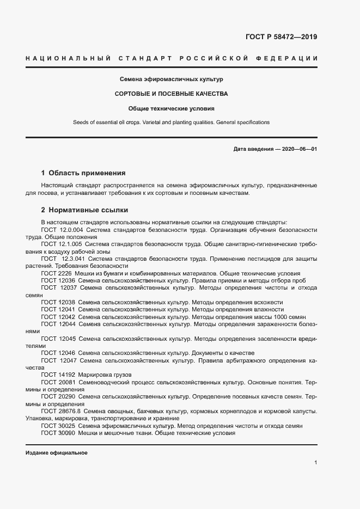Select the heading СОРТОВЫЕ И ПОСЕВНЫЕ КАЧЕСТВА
[x=171, y=94]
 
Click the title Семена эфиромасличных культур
[x=171, y=79]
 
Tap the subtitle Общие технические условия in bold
[x=171, y=108]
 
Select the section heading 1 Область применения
[x=83, y=173]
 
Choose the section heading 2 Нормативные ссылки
[x=84, y=210]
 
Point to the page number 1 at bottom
[x=315, y=463]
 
